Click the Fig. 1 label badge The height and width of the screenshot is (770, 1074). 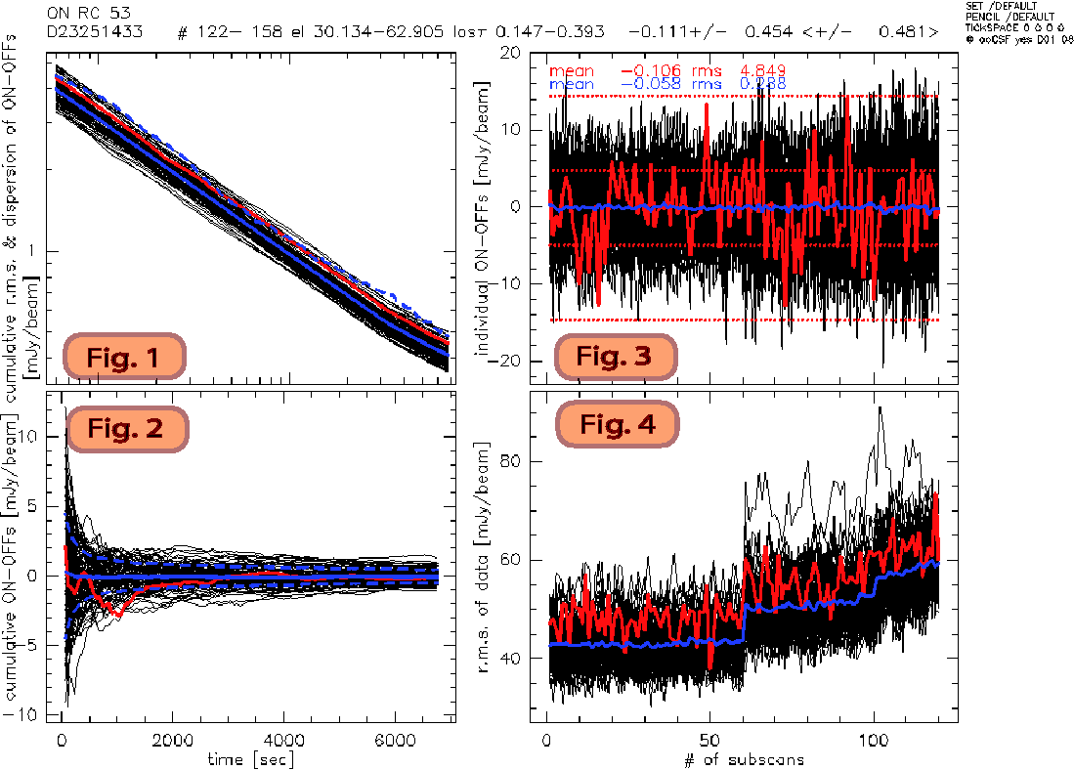[x=124, y=358]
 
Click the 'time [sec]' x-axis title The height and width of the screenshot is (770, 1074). [x=250, y=758]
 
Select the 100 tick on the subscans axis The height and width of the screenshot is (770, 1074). [x=873, y=740]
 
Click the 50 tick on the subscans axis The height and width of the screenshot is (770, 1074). [x=710, y=740]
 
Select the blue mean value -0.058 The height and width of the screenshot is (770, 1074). [x=653, y=84]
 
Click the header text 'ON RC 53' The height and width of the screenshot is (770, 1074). [x=89, y=14]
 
